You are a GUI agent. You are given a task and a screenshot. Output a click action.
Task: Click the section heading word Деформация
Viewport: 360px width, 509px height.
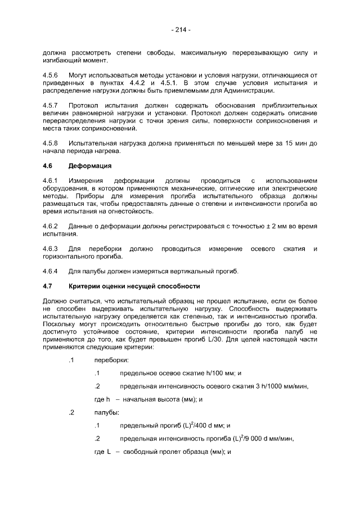(x=90, y=166)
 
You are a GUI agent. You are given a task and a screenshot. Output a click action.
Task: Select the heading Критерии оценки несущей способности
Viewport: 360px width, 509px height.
(x=134, y=286)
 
